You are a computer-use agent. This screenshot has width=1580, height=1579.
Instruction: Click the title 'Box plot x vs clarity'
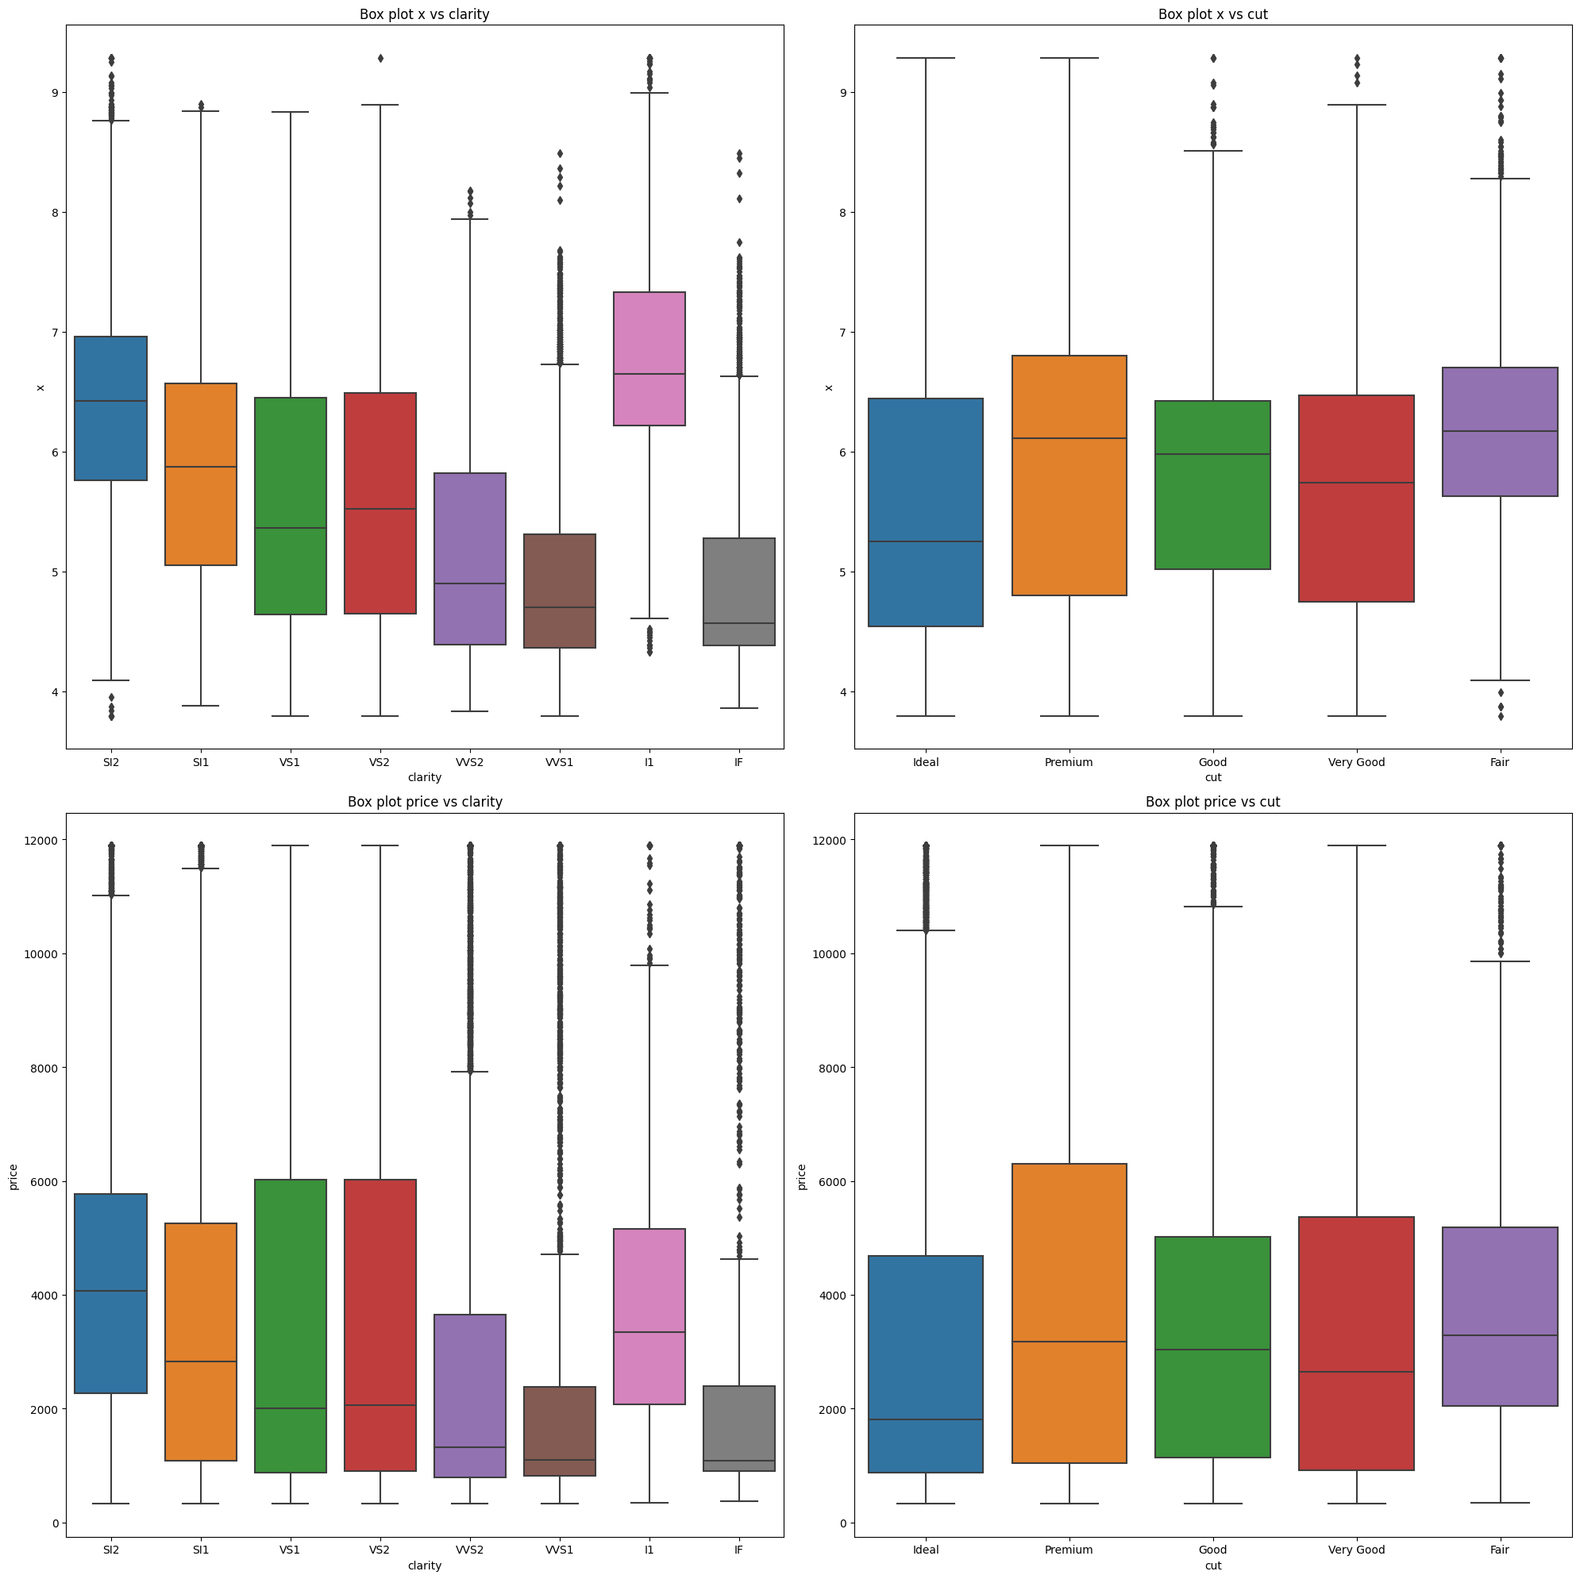[x=425, y=14]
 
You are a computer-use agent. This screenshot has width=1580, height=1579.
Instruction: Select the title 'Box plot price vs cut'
[x=1213, y=801]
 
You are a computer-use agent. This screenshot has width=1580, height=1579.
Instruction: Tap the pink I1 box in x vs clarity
[x=649, y=358]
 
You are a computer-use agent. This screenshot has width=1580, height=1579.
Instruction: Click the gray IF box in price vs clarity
[x=738, y=1427]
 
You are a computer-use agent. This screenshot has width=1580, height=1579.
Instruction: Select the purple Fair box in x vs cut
[x=1500, y=432]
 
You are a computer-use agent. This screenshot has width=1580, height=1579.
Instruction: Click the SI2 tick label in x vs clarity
[x=111, y=762]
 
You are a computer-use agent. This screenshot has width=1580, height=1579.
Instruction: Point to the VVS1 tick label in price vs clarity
[x=560, y=1550]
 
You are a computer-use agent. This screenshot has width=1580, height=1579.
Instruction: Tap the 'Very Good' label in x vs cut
[x=1356, y=762]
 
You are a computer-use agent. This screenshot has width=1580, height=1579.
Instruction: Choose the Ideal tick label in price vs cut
[x=926, y=1550]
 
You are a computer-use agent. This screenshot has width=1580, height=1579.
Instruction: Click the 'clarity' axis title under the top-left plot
[x=425, y=778]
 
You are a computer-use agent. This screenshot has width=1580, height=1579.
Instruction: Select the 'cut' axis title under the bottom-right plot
[x=1213, y=1565]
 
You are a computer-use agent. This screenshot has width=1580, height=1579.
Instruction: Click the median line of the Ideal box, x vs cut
[x=926, y=541]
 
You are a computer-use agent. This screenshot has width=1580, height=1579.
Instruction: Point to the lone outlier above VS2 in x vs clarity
[x=380, y=58]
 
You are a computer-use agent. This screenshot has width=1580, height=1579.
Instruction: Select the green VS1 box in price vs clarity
[x=291, y=1325]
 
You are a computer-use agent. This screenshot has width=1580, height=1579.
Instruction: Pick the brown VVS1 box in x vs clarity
[x=560, y=591]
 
